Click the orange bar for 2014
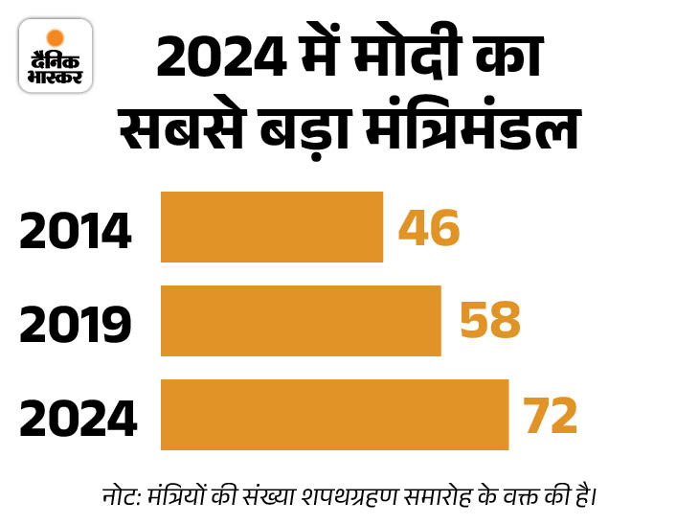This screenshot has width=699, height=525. [x=272, y=227]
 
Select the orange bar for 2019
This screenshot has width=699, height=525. [x=301, y=320]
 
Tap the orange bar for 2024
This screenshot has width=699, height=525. [x=334, y=414]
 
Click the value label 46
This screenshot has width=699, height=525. [x=430, y=229]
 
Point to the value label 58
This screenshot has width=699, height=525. [x=489, y=322]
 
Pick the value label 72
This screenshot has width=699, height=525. [x=551, y=415]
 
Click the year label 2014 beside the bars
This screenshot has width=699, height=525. [x=75, y=233]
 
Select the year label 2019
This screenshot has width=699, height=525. [x=75, y=326]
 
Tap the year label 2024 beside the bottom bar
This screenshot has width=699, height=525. [x=78, y=419]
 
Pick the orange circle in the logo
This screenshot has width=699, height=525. [x=56, y=35]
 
